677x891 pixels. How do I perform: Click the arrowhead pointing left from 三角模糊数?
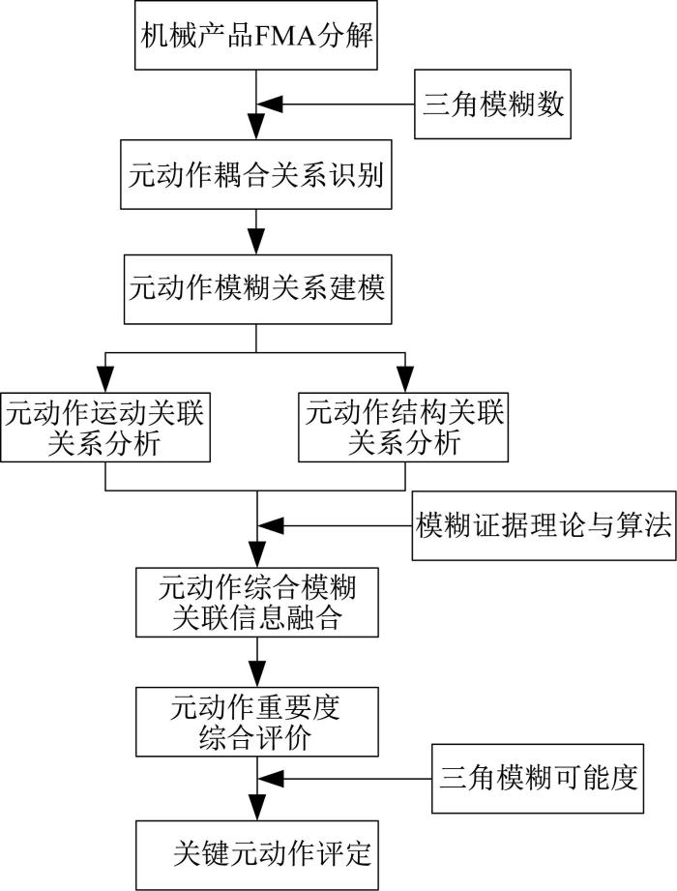(270, 104)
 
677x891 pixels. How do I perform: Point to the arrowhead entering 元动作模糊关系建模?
(256, 242)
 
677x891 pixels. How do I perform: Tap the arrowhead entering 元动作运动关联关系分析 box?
(105, 379)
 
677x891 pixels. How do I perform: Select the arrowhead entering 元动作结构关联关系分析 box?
(405, 379)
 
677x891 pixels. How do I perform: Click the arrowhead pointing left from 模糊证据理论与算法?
(271, 525)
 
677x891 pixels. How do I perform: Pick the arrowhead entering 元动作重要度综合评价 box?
(257, 674)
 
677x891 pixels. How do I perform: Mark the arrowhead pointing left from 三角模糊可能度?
(271, 779)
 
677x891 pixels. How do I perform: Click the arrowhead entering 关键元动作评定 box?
(257, 808)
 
